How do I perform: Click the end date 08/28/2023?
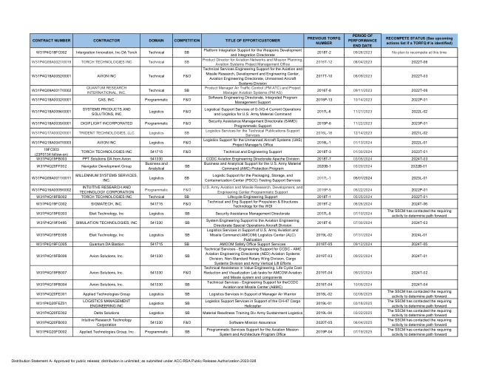pos(362,53)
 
